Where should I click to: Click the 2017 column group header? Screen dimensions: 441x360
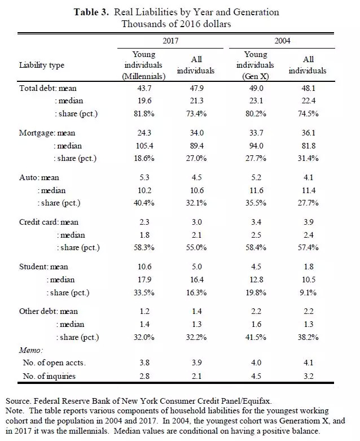point(170,42)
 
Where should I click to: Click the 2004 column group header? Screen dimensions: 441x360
point(283,42)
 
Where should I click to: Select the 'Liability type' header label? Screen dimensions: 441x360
point(42,65)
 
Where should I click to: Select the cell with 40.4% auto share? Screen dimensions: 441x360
point(144,202)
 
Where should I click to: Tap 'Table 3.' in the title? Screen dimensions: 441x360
point(90,12)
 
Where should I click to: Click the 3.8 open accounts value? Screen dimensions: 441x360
point(144,363)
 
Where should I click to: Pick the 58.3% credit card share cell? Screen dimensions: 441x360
point(144,247)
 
